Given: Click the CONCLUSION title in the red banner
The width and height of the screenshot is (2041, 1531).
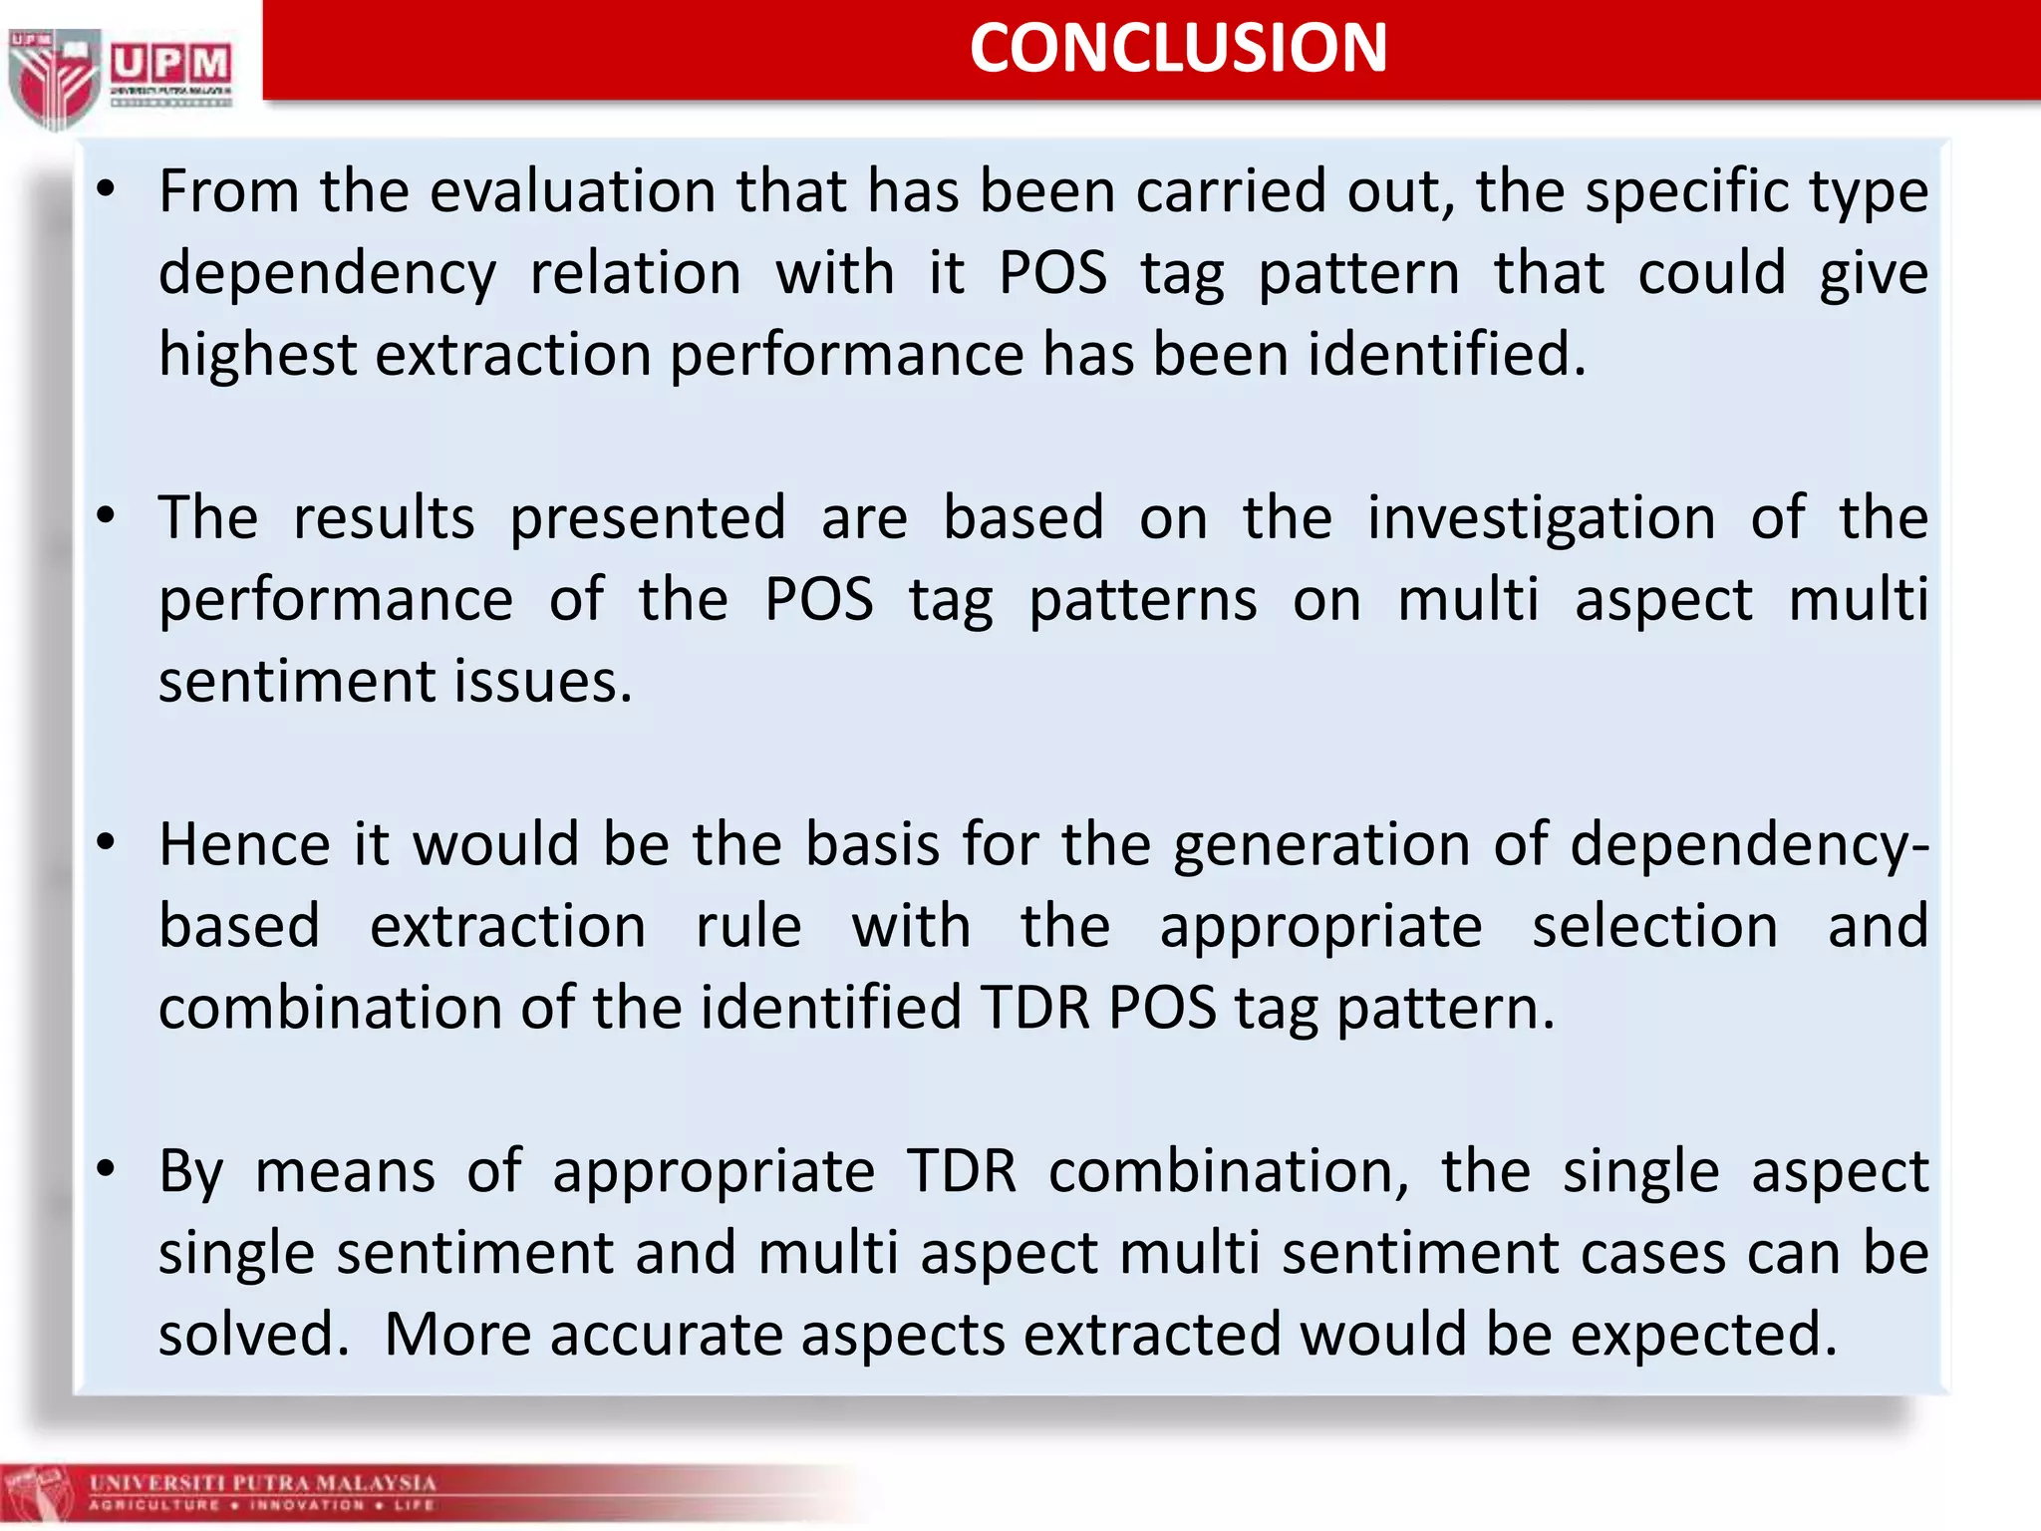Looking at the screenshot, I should (1178, 48).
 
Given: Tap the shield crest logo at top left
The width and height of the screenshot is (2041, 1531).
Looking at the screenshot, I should (54, 78).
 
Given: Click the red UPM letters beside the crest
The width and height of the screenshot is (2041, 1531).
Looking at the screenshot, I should (170, 65).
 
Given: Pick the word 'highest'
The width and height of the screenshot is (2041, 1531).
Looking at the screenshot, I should (257, 354).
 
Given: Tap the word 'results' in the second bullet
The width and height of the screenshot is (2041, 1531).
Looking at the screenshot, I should (384, 517).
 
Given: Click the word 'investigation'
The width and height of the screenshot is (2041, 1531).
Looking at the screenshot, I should (1541, 517).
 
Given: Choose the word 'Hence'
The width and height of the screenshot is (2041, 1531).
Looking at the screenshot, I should (244, 844).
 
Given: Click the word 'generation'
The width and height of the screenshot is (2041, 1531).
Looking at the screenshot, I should (1321, 844).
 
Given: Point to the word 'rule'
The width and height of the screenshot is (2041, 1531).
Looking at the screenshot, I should (748, 926).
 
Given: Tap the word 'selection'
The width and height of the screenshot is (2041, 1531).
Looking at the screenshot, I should (1654, 926).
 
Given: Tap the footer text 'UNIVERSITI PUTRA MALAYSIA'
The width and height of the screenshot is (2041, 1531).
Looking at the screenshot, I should (263, 1482).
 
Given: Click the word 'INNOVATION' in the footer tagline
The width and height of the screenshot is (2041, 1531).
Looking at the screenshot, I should (307, 1505).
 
